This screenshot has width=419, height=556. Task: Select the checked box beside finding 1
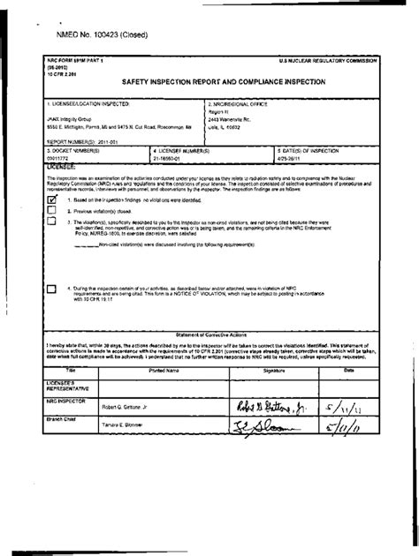tap(50, 199)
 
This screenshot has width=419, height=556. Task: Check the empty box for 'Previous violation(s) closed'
tap(50, 211)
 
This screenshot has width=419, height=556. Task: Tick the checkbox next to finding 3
tap(50, 222)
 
